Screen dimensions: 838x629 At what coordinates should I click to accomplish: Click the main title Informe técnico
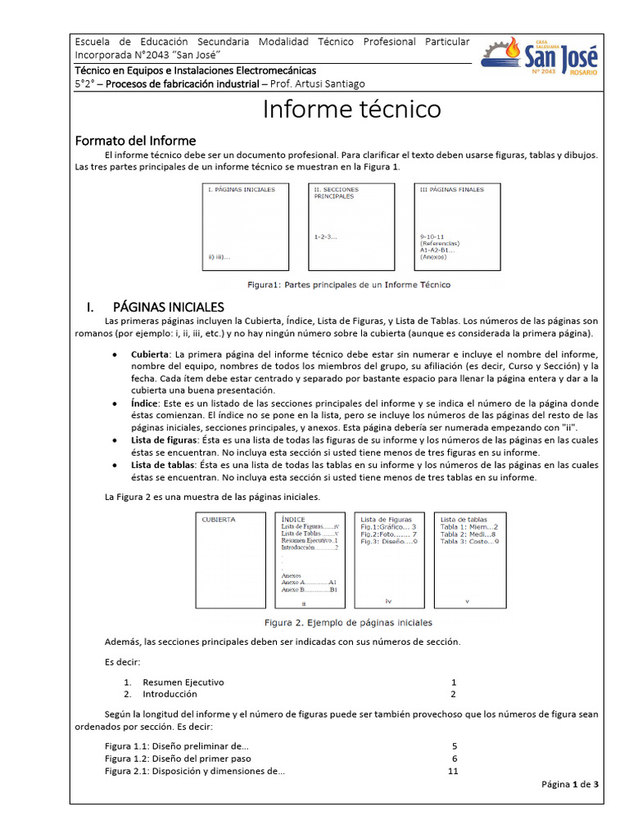[x=351, y=109]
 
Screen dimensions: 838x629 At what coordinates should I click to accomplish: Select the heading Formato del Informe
[x=135, y=141]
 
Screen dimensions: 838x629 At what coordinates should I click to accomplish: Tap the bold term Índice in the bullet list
[x=146, y=403]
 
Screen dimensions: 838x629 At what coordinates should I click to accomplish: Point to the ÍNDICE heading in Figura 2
[x=293, y=519]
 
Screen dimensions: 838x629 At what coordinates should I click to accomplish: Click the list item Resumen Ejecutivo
[x=183, y=682]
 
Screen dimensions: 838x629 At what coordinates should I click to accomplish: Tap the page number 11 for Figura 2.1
[x=453, y=771]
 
